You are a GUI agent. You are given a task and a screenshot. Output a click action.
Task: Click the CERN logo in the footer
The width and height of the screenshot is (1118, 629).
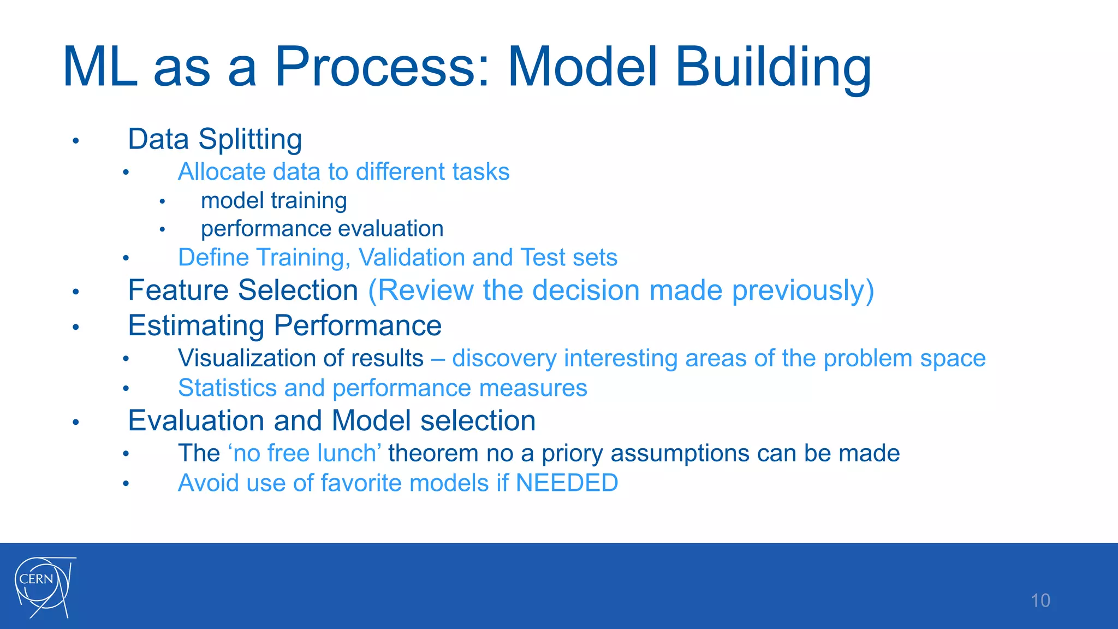(x=44, y=587)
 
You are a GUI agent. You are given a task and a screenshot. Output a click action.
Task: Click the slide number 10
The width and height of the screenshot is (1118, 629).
(x=1040, y=601)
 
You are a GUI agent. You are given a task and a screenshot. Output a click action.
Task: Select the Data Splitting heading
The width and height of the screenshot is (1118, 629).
(x=215, y=139)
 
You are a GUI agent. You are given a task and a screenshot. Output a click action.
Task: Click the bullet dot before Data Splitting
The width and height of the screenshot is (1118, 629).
(x=76, y=141)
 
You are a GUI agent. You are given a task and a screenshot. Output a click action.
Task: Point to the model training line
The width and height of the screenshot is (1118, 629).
(x=273, y=201)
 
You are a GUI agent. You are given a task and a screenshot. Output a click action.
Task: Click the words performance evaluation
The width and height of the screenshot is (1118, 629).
(x=322, y=229)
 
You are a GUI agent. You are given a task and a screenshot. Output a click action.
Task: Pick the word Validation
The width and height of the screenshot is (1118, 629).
(x=412, y=257)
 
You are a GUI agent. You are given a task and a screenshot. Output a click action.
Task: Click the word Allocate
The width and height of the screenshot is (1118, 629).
(x=222, y=172)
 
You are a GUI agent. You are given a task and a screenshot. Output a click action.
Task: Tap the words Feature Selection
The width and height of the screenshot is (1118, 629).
(x=243, y=290)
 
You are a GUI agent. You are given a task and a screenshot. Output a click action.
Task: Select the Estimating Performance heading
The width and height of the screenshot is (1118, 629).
(x=284, y=326)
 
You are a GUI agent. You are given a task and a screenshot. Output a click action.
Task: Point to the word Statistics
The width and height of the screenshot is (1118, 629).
(x=227, y=388)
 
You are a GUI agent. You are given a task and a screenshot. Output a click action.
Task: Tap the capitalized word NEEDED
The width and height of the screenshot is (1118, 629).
(x=567, y=483)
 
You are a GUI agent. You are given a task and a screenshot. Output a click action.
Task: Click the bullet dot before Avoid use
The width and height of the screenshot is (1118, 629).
(x=126, y=484)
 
